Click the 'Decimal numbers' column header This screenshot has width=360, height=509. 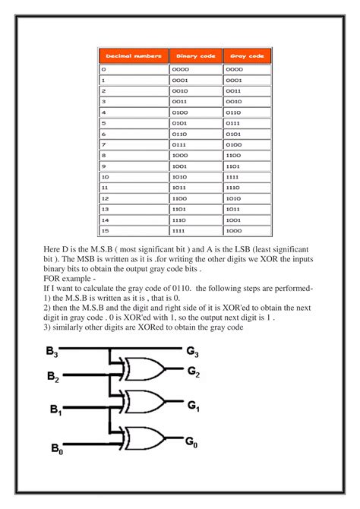pos(133,55)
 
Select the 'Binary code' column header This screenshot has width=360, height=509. pos(196,55)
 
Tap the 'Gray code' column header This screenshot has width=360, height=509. pos(248,55)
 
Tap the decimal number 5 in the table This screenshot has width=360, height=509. pos(103,122)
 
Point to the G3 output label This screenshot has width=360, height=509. pos(193,352)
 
